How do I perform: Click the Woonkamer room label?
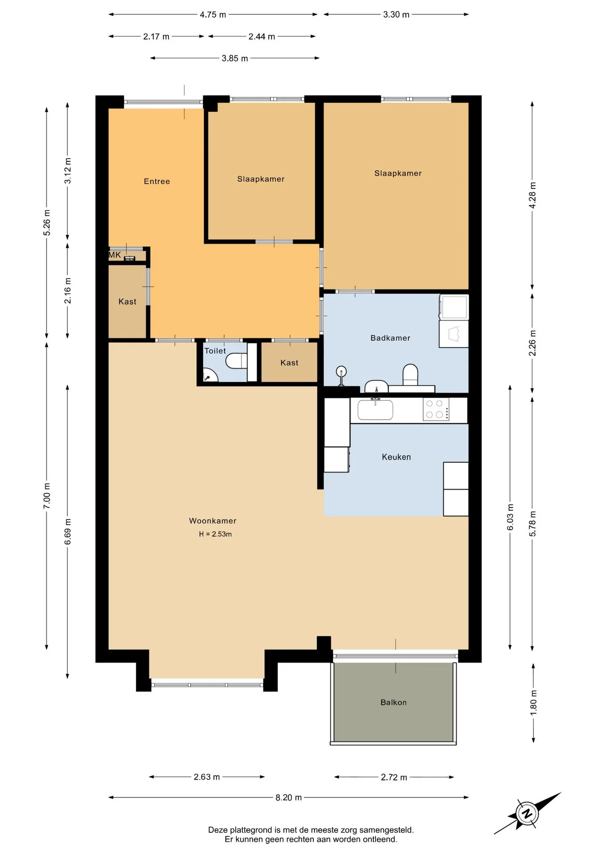coord(213,521)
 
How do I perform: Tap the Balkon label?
coord(393,702)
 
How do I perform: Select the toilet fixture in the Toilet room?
coord(236,361)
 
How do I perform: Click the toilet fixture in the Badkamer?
coord(410,375)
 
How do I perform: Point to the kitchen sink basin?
coord(375,410)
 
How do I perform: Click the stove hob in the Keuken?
coord(436,409)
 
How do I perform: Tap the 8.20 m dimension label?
coord(288,797)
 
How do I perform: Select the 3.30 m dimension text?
coord(396,15)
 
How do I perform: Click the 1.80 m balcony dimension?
coord(533,703)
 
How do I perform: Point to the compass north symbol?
coord(527,814)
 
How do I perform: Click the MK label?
coord(114,255)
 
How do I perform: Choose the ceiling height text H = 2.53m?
coord(215,534)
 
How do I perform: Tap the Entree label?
coord(157,181)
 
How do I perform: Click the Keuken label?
coord(396,457)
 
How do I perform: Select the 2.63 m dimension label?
coord(207,777)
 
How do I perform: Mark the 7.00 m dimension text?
coord(47,496)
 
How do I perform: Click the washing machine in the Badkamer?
coord(454,307)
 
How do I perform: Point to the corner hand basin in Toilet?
coord(209,375)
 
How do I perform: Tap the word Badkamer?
coord(390,338)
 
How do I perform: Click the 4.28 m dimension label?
coord(532,195)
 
